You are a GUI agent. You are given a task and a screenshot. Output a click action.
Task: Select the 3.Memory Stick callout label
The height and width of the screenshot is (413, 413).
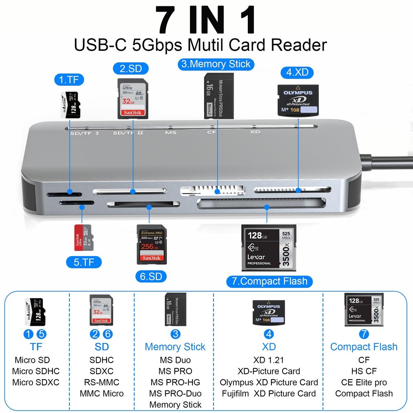pos(216,64)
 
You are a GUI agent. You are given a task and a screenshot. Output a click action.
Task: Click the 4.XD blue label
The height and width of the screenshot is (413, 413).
pos(297,73)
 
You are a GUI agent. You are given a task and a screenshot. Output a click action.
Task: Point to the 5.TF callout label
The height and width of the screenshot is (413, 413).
pos(84,262)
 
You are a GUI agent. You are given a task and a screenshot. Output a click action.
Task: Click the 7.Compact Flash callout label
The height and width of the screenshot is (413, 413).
pos(269,282)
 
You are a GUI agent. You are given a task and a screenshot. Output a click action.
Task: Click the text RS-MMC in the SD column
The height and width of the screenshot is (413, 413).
pos(102,382)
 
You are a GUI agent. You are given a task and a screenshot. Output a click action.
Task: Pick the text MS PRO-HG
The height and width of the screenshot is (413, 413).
pos(175,382)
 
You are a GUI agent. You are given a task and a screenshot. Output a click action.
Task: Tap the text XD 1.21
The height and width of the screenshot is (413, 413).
pos(268,360)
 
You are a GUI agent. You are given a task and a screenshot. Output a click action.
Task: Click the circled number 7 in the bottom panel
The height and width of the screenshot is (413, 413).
pos(363,334)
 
